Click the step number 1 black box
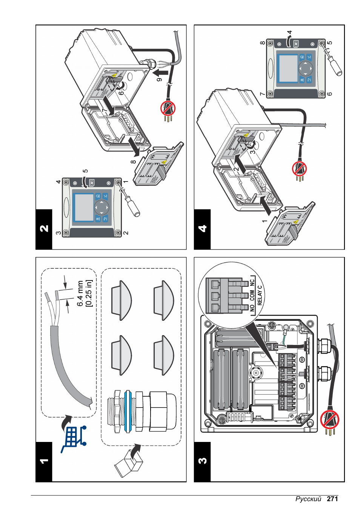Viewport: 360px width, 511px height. pos(44,461)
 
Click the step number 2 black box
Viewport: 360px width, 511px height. pos(44,229)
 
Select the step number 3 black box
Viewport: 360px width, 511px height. pos(202,461)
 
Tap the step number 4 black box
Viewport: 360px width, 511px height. pos(202,229)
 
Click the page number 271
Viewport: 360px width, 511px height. pos(332,499)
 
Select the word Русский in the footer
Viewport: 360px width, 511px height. pos(308,499)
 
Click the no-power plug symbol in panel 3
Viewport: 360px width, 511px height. pos(329,420)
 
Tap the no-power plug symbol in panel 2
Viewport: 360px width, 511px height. pos(168,109)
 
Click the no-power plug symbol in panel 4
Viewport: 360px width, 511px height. pos(300,169)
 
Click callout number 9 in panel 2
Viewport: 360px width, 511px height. pos(159,79)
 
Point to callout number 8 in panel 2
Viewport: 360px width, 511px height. pos(133,162)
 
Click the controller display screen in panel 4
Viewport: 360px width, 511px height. pos(288,68)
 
